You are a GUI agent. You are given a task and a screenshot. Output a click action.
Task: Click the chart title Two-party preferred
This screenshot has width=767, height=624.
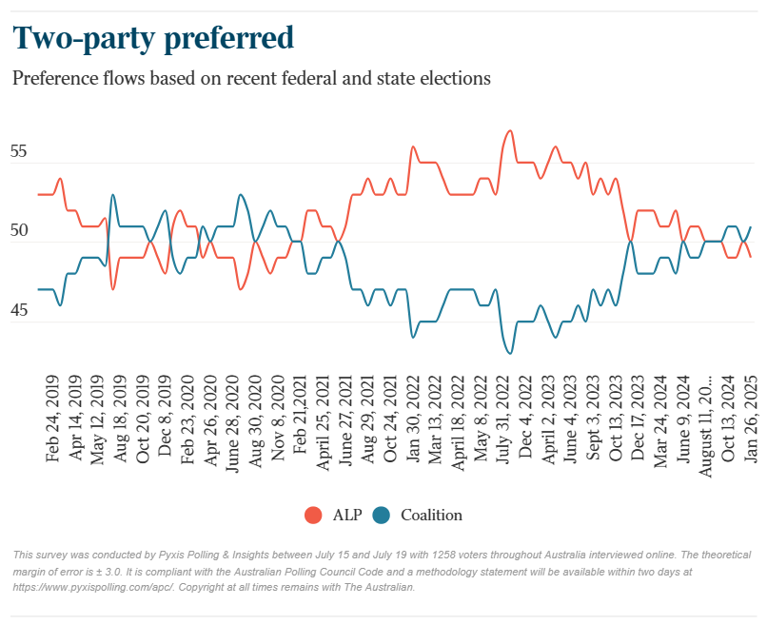click(152, 38)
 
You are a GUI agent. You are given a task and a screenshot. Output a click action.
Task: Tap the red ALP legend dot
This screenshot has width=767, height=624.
click(312, 516)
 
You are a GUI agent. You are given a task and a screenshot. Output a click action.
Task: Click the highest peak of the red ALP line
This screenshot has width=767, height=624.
click(511, 130)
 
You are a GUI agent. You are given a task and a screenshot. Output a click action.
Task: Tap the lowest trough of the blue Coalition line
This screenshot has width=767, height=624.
click(511, 353)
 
